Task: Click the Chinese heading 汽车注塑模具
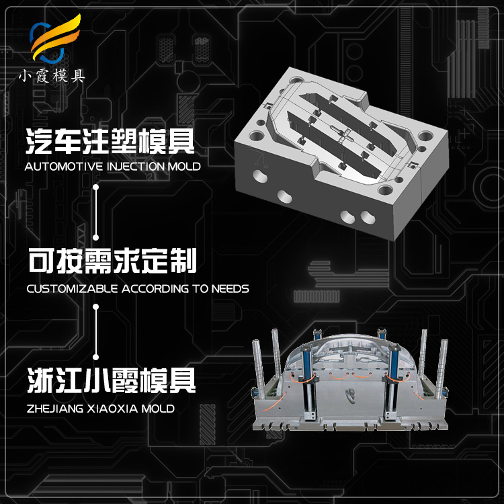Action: [110, 141]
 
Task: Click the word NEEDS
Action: [230, 289]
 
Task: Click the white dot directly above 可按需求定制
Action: [96, 237]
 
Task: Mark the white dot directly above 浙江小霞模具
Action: [96, 356]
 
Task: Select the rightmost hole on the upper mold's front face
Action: [367, 217]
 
